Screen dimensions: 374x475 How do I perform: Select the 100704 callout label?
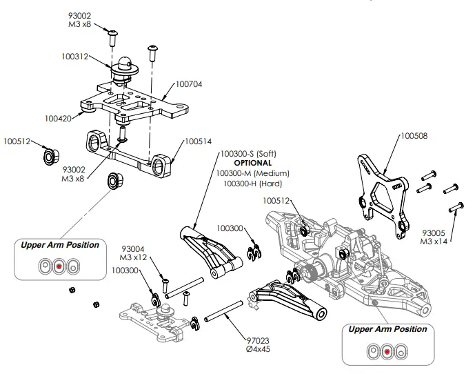point(188,84)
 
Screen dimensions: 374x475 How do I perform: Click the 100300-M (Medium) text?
point(252,173)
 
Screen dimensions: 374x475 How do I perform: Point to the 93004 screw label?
point(134,248)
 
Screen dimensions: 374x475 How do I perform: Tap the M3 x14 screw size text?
point(434,242)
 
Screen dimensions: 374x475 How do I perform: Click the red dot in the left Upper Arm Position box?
point(59,265)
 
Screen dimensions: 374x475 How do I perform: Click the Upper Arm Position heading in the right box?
point(387,329)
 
